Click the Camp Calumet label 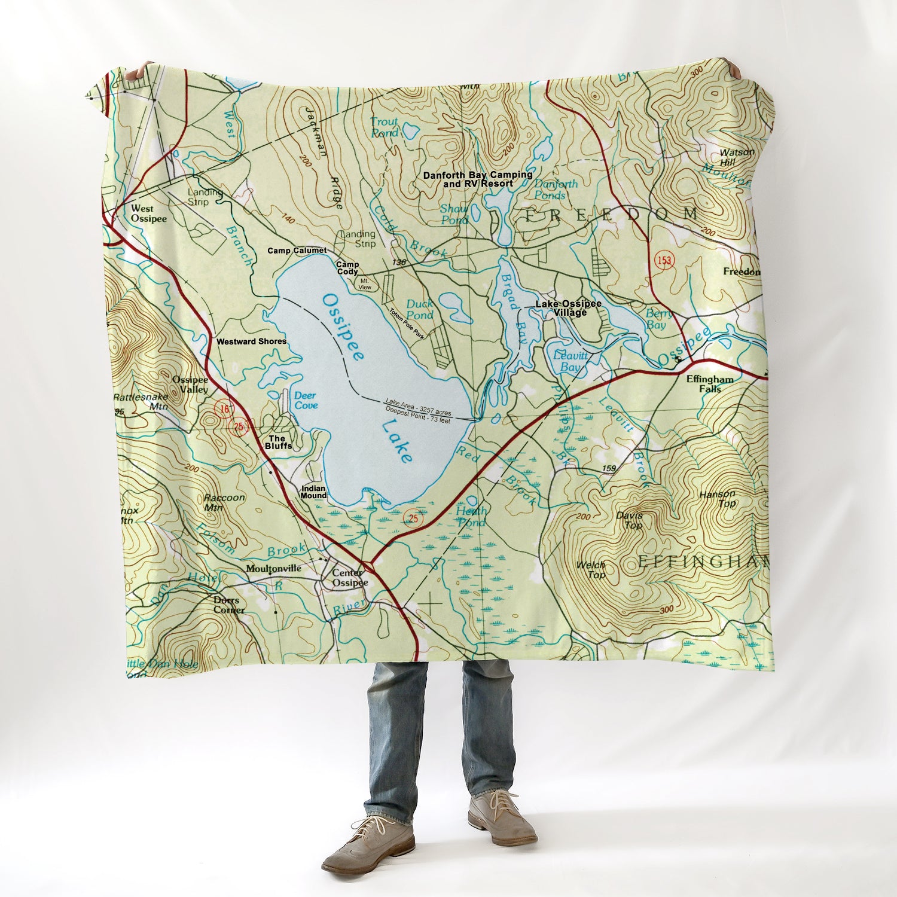pyautogui.click(x=297, y=251)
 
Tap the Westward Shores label pyautogui.click(x=251, y=341)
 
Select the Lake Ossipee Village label pyautogui.click(x=568, y=308)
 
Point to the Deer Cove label pyautogui.click(x=306, y=401)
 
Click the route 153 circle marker pyautogui.click(x=662, y=260)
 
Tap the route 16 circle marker pyautogui.click(x=224, y=409)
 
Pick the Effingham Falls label pyautogui.click(x=710, y=384)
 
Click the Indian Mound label pyautogui.click(x=313, y=492)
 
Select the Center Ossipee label pyautogui.click(x=349, y=578)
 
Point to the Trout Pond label pyautogui.click(x=384, y=127)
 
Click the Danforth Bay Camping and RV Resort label pyautogui.click(x=478, y=179)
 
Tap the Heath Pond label pyautogui.click(x=471, y=517)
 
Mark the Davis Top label pyautogui.click(x=630, y=520)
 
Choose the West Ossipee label pyautogui.click(x=149, y=213)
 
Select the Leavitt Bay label pyautogui.click(x=567, y=361)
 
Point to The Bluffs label pyautogui.click(x=279, y=442)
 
